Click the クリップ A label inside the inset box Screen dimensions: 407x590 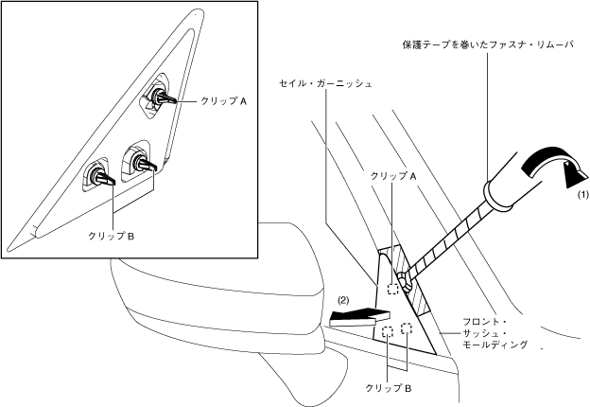(223, 99)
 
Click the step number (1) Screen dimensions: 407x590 (583, 194)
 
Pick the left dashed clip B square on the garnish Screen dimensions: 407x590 (388, 332)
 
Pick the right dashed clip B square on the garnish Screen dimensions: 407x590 (408, 328)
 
